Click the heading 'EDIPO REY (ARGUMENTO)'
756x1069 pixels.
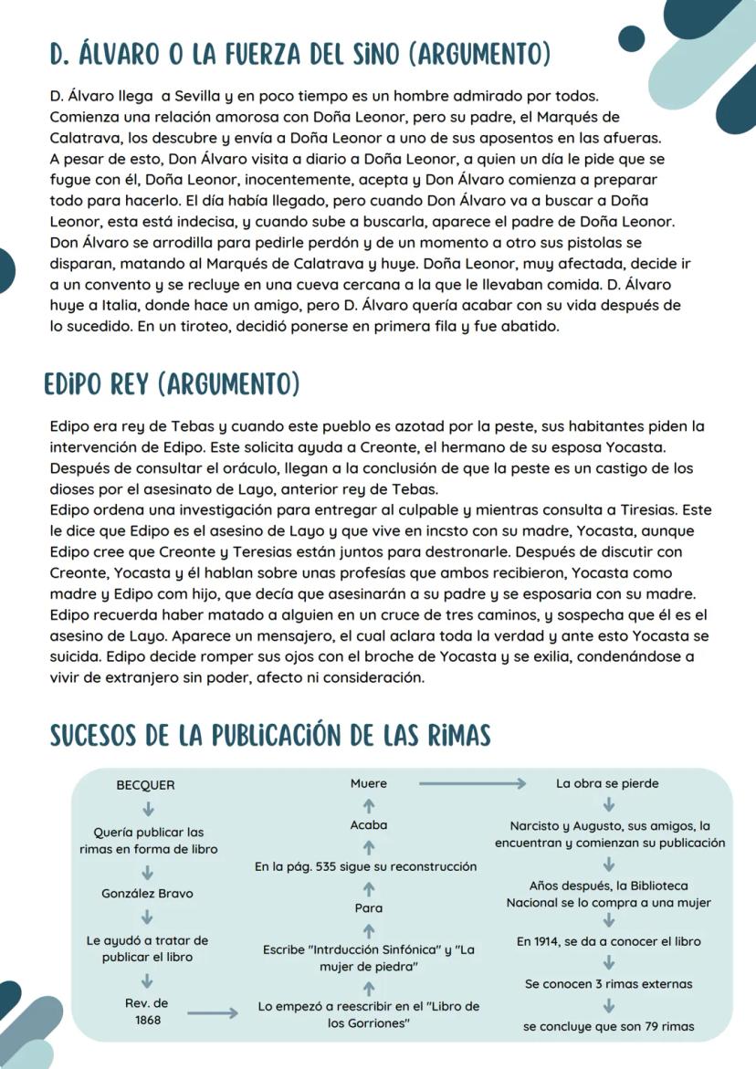172,384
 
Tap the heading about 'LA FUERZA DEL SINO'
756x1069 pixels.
300,54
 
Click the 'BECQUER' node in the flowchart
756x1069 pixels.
146,785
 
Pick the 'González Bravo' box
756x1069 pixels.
147,894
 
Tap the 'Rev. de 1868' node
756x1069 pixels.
147,1011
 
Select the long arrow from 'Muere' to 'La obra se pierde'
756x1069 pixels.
472,783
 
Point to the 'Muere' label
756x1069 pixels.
369,783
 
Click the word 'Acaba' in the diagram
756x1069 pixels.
369,824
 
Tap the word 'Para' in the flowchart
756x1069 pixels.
369,908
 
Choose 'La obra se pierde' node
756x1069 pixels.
607,783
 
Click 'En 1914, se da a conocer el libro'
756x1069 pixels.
608,941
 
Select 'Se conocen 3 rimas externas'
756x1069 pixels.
608,984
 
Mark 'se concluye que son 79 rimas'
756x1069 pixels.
608,1026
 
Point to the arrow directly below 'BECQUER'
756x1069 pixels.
147,808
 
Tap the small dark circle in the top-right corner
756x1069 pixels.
632,38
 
